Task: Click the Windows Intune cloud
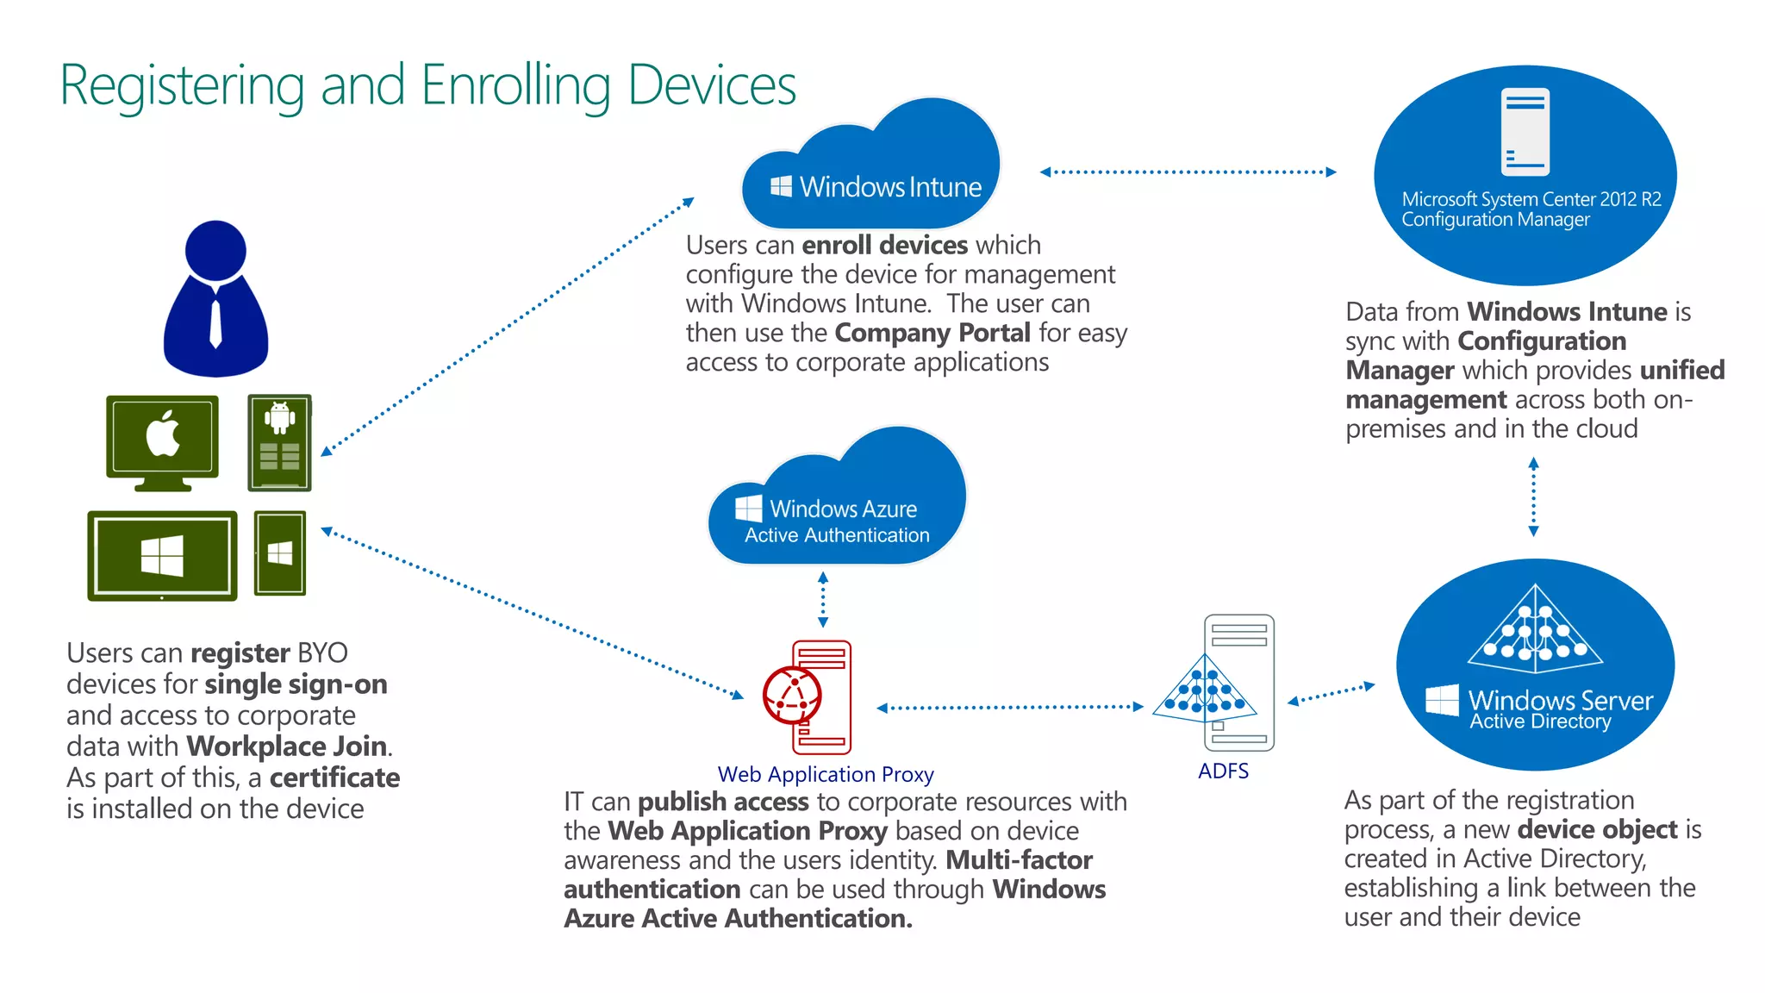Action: coord(870,172)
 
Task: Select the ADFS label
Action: coord(1223,771)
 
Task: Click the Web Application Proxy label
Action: coord(825,774)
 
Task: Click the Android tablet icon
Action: coord(279,442)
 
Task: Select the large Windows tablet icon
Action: coord(162,556)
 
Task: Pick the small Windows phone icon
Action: coord(280,553)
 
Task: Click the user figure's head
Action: coord(215,250)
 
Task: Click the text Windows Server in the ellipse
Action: coord(1560,700)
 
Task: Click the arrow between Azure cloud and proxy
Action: coord(823,600)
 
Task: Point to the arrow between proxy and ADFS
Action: coord(1009,708)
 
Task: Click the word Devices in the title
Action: coord(711,86)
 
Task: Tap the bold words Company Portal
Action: coord(932,333)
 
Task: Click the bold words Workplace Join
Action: coord(286,746)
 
